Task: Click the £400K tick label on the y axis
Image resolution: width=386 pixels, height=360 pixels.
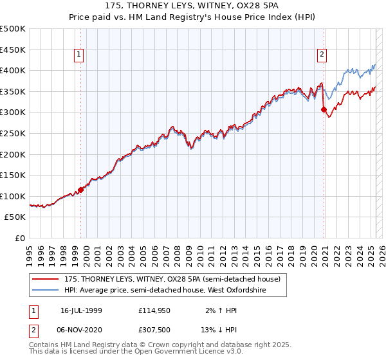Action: (x=12, y=70)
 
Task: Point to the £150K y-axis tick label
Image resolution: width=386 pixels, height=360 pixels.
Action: (x=12, y=175)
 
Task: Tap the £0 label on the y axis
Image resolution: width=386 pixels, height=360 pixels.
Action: (x=19, y=239)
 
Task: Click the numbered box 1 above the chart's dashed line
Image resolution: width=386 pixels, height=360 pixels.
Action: (x=78, y=55)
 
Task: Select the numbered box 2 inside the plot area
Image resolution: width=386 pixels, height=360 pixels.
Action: (x=321, y=55)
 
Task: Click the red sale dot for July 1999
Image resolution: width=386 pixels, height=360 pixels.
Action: (x=81, y=190)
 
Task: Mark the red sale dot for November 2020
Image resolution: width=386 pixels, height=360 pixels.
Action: (x=324, y=109)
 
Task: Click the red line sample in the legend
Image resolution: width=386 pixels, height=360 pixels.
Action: (x=46, y=280)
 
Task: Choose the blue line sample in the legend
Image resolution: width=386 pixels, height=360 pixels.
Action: (x=46, y=291)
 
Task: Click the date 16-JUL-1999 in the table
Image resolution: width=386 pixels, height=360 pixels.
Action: (x=81, y=310)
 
